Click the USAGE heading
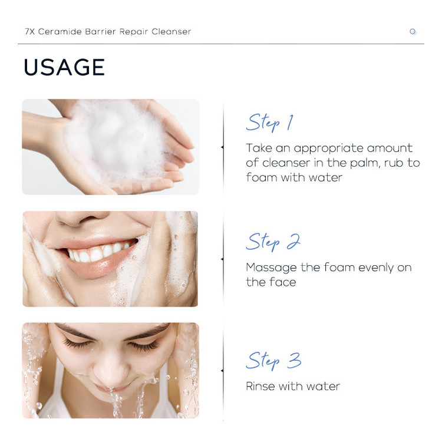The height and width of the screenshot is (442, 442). [64, 67]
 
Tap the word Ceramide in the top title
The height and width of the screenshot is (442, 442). [60, 31]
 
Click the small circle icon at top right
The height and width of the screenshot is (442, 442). [413, 32]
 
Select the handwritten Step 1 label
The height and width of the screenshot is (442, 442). [270, 123]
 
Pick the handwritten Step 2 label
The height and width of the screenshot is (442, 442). [273, 242]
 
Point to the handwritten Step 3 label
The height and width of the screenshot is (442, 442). [273, 361]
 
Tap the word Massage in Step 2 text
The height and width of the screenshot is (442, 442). [271, 268]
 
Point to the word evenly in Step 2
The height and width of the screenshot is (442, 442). [376, 268]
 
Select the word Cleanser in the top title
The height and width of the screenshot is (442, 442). [171, 31]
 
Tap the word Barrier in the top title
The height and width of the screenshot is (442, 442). [100, 31]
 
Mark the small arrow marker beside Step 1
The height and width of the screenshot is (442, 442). [222, 147]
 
